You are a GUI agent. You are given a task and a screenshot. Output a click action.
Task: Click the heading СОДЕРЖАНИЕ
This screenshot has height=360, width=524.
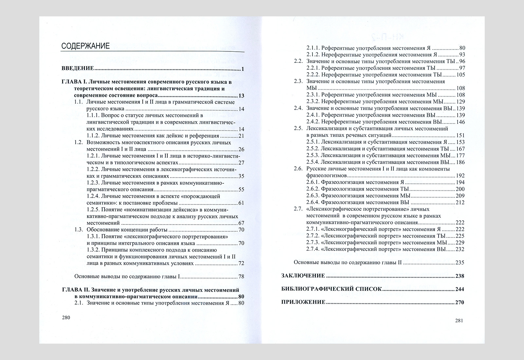[x=85, y=46]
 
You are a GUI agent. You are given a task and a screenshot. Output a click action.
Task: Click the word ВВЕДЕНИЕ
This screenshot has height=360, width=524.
[x=78, y=69]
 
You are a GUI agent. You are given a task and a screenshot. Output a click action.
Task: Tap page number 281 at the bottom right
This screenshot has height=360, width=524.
[x=459, y=321]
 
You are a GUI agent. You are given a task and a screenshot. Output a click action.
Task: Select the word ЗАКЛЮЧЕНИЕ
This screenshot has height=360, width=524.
[x=303, y=276]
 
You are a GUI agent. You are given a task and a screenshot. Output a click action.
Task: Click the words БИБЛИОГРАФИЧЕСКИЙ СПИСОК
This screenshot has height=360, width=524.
[x=331, y=289]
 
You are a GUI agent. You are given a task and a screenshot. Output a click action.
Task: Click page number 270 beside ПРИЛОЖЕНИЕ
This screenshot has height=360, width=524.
[x=459, y=302]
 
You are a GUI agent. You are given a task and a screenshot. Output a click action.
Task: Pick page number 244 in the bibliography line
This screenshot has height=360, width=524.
[x=459, y=289]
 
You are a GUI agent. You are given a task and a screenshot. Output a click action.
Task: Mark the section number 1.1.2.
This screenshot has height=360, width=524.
[x=93, y=136]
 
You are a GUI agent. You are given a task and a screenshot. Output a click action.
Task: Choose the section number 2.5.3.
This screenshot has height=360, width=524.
[x=312, y=155]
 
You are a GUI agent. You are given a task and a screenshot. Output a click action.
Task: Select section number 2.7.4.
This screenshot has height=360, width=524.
[x=312, y=249]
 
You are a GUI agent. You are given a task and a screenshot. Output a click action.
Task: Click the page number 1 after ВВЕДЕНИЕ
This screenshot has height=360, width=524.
[x=243, y=69]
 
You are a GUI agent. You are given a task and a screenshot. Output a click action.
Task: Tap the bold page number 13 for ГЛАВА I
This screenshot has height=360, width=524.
[x=242, y=96]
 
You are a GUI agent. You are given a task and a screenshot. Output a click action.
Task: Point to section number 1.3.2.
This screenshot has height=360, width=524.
[x=93, y=250]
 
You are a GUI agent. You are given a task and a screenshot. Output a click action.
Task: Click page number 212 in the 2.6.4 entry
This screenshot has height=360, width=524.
[x=460, y=202]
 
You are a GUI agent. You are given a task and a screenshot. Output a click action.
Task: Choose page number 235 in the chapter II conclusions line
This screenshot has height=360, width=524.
[x=460, y=262]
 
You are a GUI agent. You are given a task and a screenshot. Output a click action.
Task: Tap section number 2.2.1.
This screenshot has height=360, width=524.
[x=312, y=68]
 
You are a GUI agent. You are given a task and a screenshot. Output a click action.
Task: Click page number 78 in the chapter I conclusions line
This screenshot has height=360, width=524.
[x=241, y=277]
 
